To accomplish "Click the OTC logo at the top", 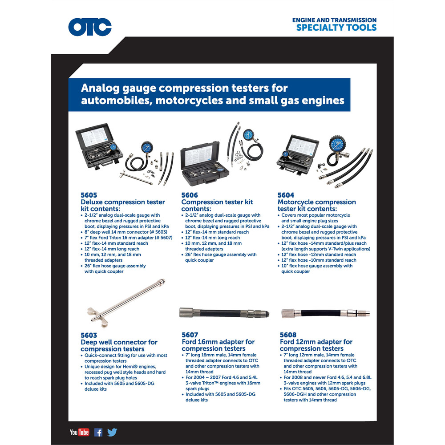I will pos(90,27).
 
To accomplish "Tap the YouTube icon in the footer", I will pos(79,432).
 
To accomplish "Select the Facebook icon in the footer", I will pos(98,432).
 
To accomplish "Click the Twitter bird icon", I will pos(112,432).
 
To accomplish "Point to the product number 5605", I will pos(89,195).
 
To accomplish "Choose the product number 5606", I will pos(190,195).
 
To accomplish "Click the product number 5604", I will pos(286,195).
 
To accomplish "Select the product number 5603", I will pos(89,335).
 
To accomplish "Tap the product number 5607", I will pos(190,335).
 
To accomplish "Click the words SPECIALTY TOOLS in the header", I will pos(336,28).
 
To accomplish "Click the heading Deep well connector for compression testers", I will pos(119,345).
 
